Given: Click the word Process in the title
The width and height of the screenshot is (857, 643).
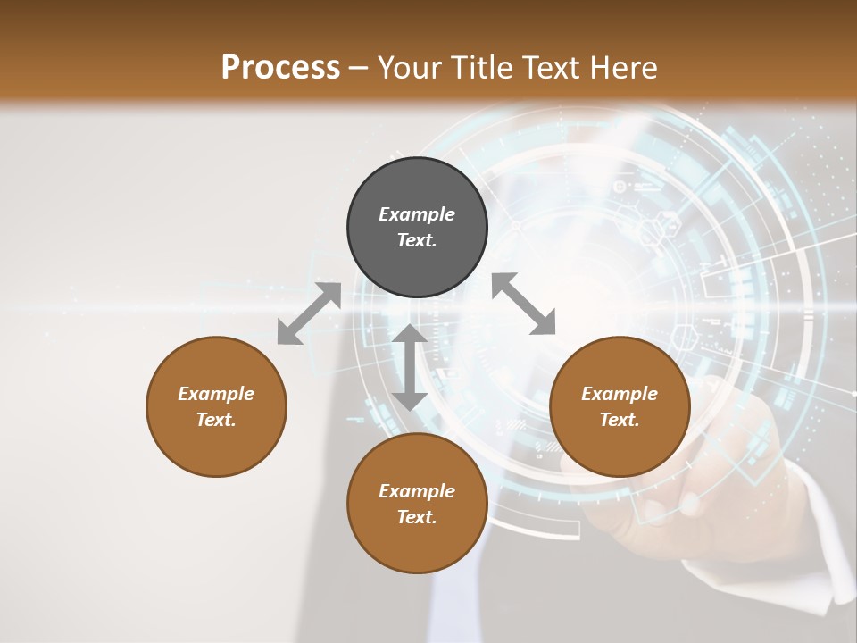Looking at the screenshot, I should click(x=280, y=68).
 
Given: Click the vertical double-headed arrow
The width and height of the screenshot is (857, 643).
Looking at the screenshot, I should click(x=410, y=367).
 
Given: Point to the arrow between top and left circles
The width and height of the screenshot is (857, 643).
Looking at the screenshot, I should click(x=309, y=313).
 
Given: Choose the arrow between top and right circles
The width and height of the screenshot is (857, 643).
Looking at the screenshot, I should click(x=524, y=304).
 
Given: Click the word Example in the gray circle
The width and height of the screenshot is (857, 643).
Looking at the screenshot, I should click(x=417, y=214).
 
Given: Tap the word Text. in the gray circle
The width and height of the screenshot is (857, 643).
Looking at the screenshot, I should click(x=417, y=240).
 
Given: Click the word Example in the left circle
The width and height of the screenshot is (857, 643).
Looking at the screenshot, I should click(x=216, y=394).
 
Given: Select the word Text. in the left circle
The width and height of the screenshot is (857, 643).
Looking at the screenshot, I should click(x=216, y=420).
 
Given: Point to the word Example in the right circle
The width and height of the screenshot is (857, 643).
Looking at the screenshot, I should click(x=620, y=394).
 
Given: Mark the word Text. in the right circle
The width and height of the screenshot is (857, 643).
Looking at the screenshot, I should click(x=620, y=420).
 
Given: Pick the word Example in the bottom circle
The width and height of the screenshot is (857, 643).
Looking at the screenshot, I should click(x=417, y=491).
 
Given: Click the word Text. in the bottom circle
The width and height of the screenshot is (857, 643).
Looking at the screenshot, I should click(x=417, y=517).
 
